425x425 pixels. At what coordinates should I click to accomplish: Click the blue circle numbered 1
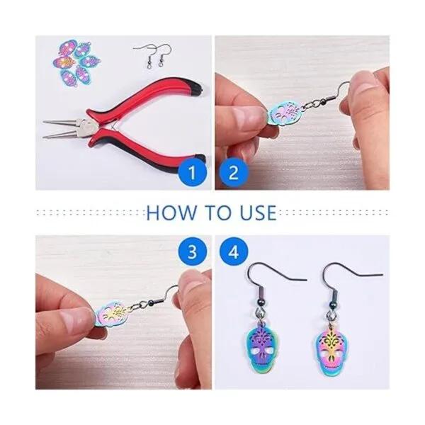click(x=193, y=172)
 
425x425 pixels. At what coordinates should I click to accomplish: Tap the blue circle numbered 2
click(x=234, y=172)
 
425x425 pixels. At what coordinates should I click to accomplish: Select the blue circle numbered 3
click(x=193, y=252)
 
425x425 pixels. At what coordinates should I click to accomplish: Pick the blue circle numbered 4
click(x=234, y=252)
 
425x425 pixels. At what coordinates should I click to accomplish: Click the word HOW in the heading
click(x=171, y=212)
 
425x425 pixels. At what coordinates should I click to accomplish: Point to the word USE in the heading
click(x=258, y=212)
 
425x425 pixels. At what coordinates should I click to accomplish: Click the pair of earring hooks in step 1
click(x=154, y=57)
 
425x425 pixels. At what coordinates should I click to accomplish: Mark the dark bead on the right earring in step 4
click(x=329, y=302)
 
